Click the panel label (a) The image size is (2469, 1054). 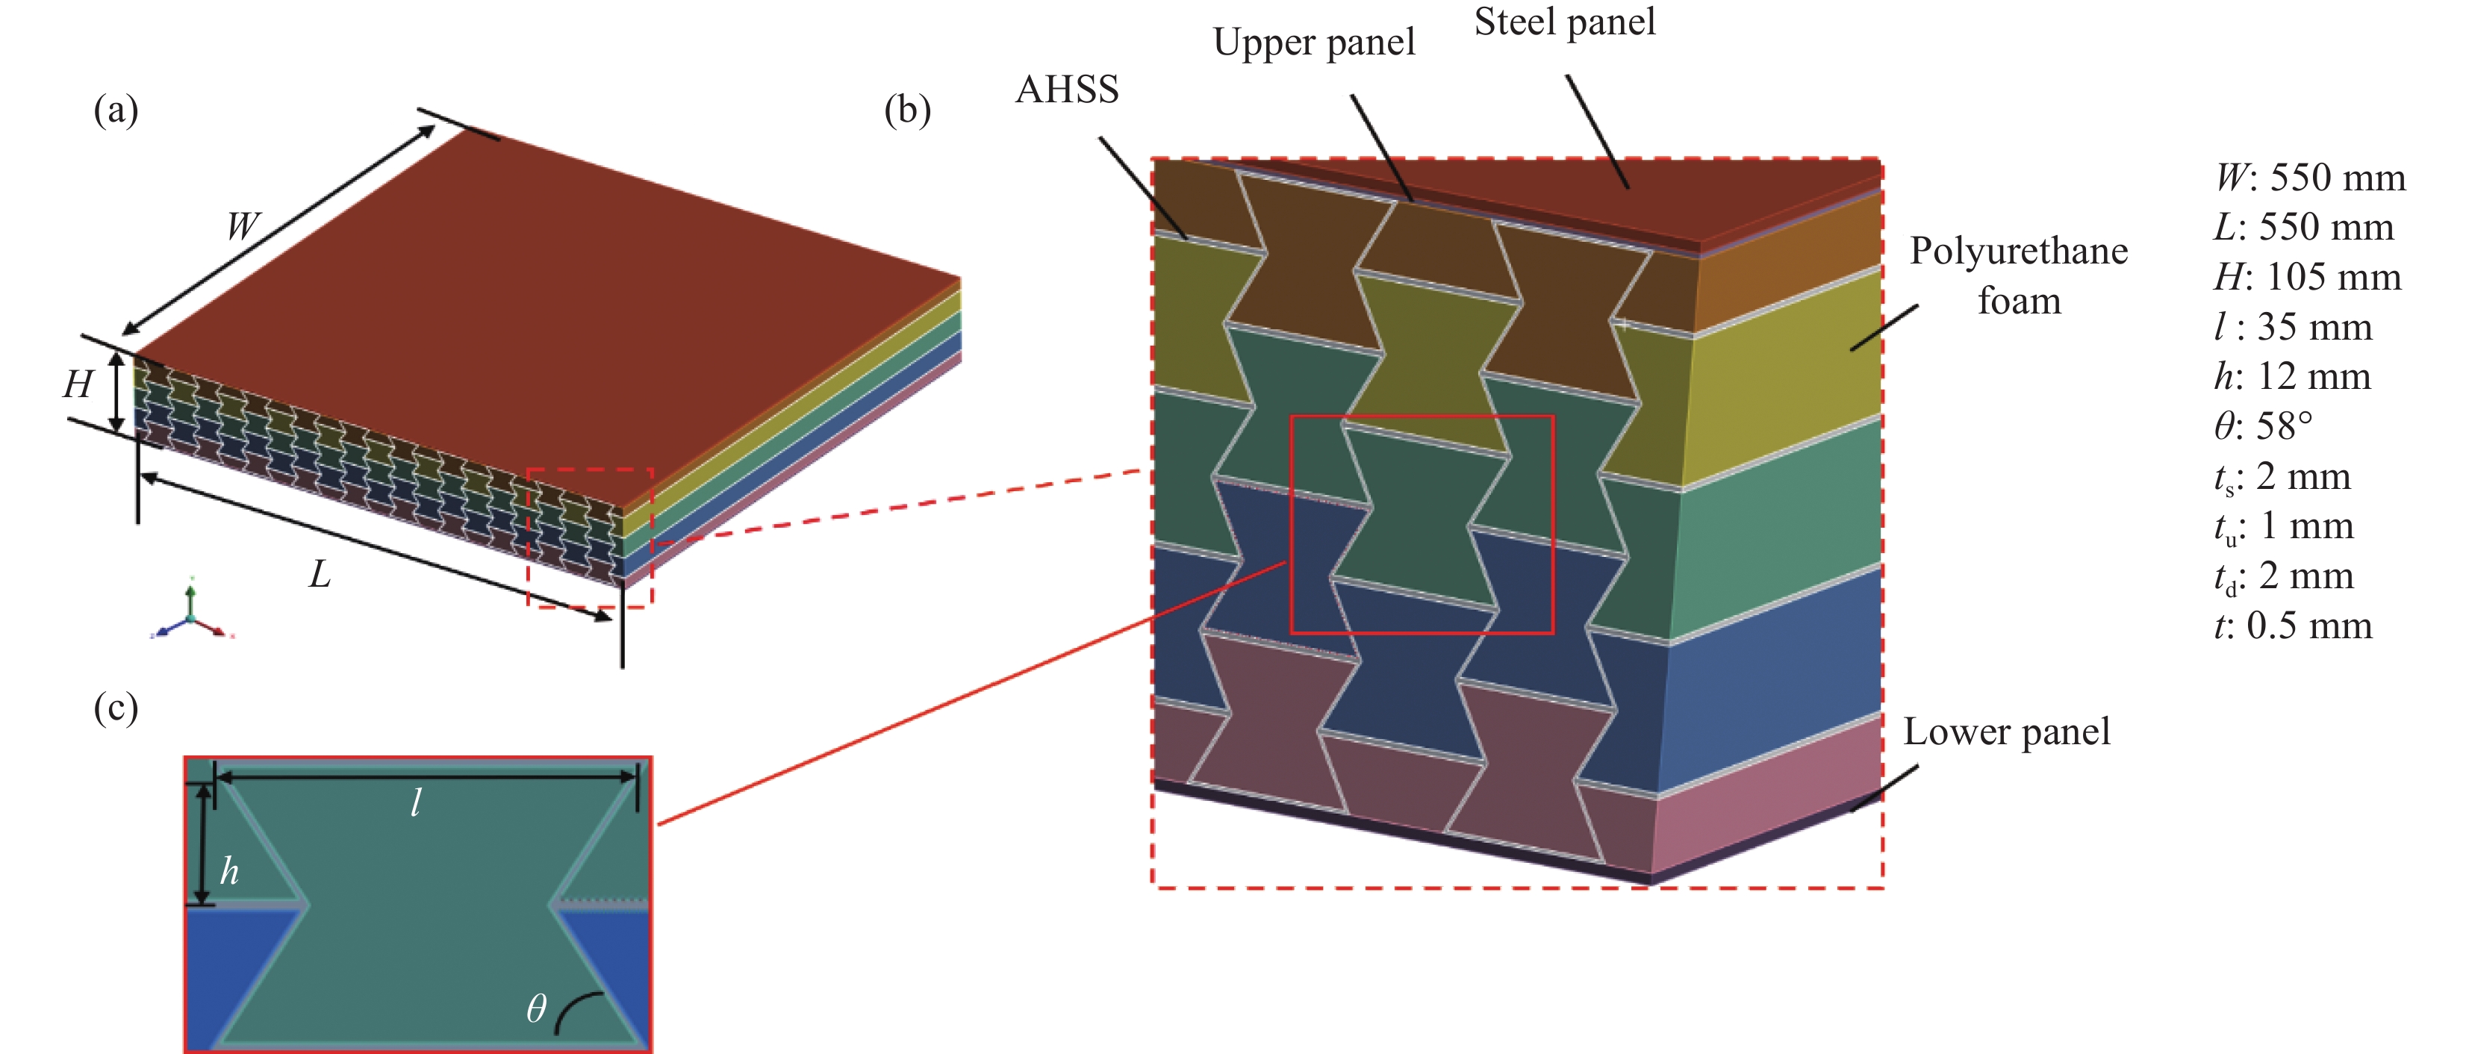pos(116,111)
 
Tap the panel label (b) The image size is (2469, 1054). pos(906,111)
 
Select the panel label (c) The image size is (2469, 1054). pos(116,708)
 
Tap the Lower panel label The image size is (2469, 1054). pos(2006,732)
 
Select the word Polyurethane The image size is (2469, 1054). pos(2019,251)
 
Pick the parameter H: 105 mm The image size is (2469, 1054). pos(2308,278)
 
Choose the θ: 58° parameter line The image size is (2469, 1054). pos(2264,426)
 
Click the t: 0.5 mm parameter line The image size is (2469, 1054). pos(2293,626)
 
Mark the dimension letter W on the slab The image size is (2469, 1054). pos(243,227)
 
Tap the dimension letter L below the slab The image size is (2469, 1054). pos(319,575)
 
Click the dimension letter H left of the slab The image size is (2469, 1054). pos(78,385)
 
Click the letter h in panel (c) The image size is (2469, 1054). pos(229,871)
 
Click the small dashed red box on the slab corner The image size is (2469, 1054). pos(591,537)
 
